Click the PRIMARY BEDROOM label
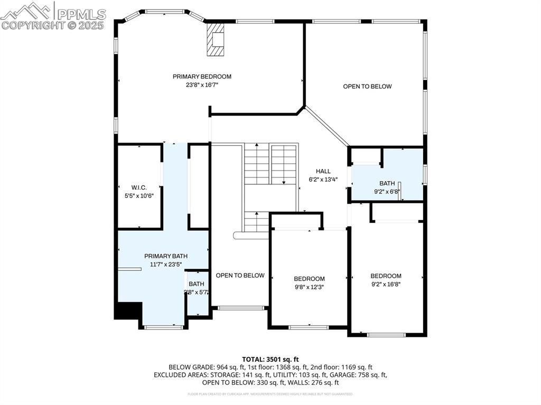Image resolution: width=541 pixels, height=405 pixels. tap(202, 77)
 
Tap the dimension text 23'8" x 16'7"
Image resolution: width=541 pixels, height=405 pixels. tap(202, 84)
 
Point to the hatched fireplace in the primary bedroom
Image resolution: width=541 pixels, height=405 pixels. tap(216, 39)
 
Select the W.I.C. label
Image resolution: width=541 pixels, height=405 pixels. tap(139, 187)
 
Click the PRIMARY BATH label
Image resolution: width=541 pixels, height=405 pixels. tap(166, 256)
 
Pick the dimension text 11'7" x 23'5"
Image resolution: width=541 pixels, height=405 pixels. tap(166, 265)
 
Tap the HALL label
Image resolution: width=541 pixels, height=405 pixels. tap(323, 171)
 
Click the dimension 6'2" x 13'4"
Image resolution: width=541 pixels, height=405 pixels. tap(323, 179)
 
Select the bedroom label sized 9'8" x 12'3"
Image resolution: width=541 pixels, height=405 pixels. tap(309, 279)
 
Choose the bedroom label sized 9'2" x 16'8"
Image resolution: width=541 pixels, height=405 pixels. tap(386, 276)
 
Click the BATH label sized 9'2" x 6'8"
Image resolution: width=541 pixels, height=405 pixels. tap(387, 183)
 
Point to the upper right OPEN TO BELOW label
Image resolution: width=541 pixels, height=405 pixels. tap(367, 87)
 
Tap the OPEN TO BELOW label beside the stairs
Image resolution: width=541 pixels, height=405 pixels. tap(240, 275)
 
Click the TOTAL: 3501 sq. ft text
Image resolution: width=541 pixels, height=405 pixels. tap(270, 359)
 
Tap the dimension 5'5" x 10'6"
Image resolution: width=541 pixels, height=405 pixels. tap(139, 196)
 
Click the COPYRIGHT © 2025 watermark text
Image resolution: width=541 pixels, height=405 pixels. tap(53, 25)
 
